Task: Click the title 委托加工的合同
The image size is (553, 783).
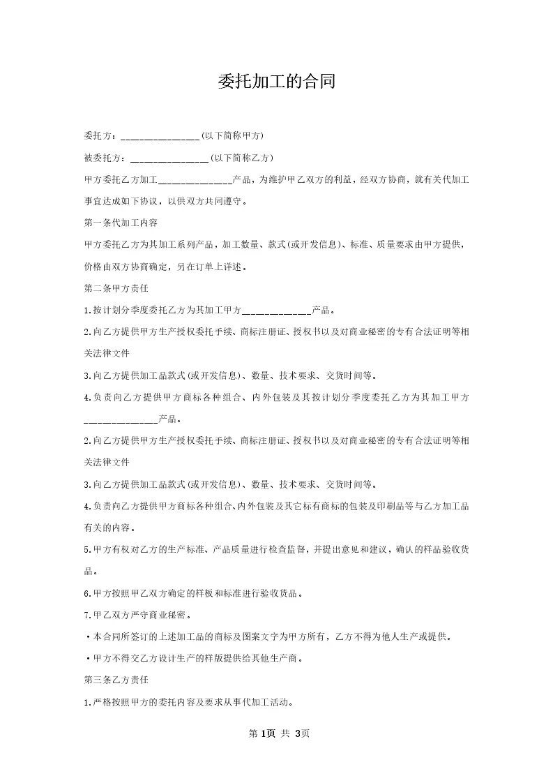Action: (276, 82)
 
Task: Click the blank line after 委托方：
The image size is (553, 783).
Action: (160, 135)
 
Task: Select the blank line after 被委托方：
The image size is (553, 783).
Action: (169, 158)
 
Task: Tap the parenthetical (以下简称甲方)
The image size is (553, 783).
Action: (232, 135)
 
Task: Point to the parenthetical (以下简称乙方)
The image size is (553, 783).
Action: (242, 158)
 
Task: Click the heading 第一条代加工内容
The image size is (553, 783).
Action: (121, 223)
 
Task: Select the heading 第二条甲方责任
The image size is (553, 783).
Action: (116, 288)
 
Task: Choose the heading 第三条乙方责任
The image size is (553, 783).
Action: (116, 679)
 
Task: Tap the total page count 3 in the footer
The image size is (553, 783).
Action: (298, 733)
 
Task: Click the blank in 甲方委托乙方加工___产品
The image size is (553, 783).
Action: (195, 180)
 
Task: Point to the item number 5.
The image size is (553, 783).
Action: (86, 549)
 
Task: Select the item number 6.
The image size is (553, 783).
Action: (86, 594)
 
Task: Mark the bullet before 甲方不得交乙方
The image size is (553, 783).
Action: (86, 659)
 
